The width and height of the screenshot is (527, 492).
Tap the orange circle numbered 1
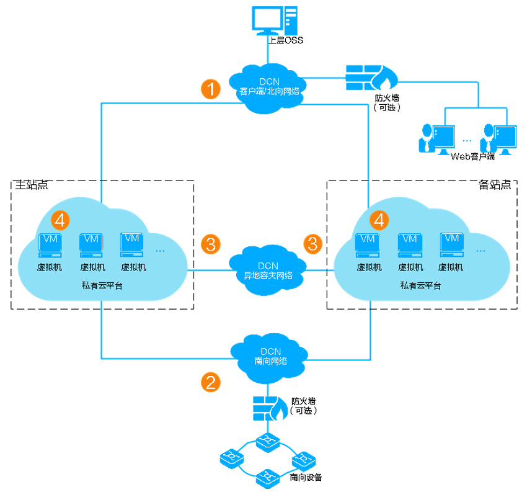[x=211, y=89]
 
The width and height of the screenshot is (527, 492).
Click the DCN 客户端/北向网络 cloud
[x=270, y=87]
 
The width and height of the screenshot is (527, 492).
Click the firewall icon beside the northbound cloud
[x=371, y=77]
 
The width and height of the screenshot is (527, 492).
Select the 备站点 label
[x=495, y=185]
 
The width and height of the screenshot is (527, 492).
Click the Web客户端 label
[x=472, y=156]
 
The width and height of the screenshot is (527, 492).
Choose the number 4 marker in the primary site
[x=61, y=219]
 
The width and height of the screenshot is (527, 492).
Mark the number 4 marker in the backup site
[x=379, y=219]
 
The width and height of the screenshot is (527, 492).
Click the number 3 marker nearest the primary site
[x=211, y=244]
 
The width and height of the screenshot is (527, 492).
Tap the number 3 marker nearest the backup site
[x=313, y=244]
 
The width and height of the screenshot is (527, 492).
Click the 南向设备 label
[x=306, y=478]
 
